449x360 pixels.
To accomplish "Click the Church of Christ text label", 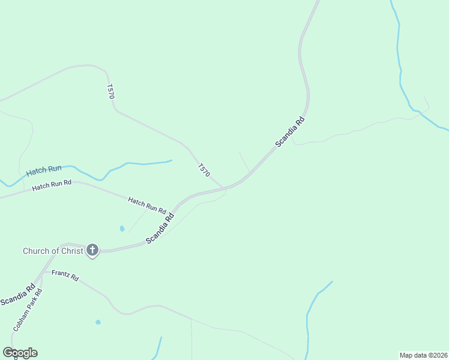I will click(53, 251).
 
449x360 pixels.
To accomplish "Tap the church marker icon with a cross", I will click(92, 250).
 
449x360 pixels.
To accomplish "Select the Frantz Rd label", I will click(65, 275).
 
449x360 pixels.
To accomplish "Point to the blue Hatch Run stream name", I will click(43, 172).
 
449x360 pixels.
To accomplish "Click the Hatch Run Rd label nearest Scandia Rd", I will click(147, 205).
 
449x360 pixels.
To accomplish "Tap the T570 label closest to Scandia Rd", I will click(204, 170).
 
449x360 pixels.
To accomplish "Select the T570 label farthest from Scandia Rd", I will click(110, 91).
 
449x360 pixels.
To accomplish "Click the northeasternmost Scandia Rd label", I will click(291, 132).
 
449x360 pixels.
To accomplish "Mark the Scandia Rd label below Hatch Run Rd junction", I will click(160, 229).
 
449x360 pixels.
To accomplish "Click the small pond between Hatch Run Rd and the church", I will click(122, 229).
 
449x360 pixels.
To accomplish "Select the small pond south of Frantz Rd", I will click(98, 322).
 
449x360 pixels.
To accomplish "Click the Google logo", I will click(20, 353).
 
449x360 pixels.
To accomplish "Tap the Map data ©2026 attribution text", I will click(423, 355).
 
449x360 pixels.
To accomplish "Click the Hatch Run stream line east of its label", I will click(144, 163).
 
